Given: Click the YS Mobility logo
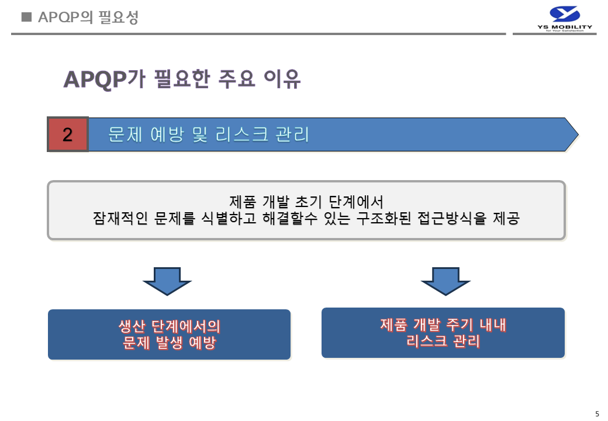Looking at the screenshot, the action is point(565,19).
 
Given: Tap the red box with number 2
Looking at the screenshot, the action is point(68,134).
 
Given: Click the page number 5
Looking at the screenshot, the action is point(597,413).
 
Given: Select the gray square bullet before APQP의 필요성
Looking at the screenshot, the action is point(26,17).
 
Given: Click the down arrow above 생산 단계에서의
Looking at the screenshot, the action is point(167,281).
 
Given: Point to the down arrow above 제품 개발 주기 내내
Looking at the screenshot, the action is point(445,281).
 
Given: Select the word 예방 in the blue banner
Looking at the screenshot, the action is point(167,134).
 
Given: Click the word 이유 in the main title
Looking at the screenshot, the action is point(282,79).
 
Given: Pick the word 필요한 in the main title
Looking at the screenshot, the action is point(182,79).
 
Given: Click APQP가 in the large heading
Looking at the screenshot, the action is point(104,79).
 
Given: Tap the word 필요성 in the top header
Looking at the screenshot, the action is point(118,17).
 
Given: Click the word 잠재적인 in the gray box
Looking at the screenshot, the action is point(120,218).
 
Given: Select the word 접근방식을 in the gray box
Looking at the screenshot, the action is point(452,218).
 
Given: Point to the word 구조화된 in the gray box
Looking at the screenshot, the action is point(384,218).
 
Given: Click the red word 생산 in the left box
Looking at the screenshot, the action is point(132,326).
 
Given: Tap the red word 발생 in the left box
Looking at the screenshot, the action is point(169,343).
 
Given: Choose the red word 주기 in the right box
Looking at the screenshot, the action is point(460,325).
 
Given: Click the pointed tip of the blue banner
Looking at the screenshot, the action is point(578,134).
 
